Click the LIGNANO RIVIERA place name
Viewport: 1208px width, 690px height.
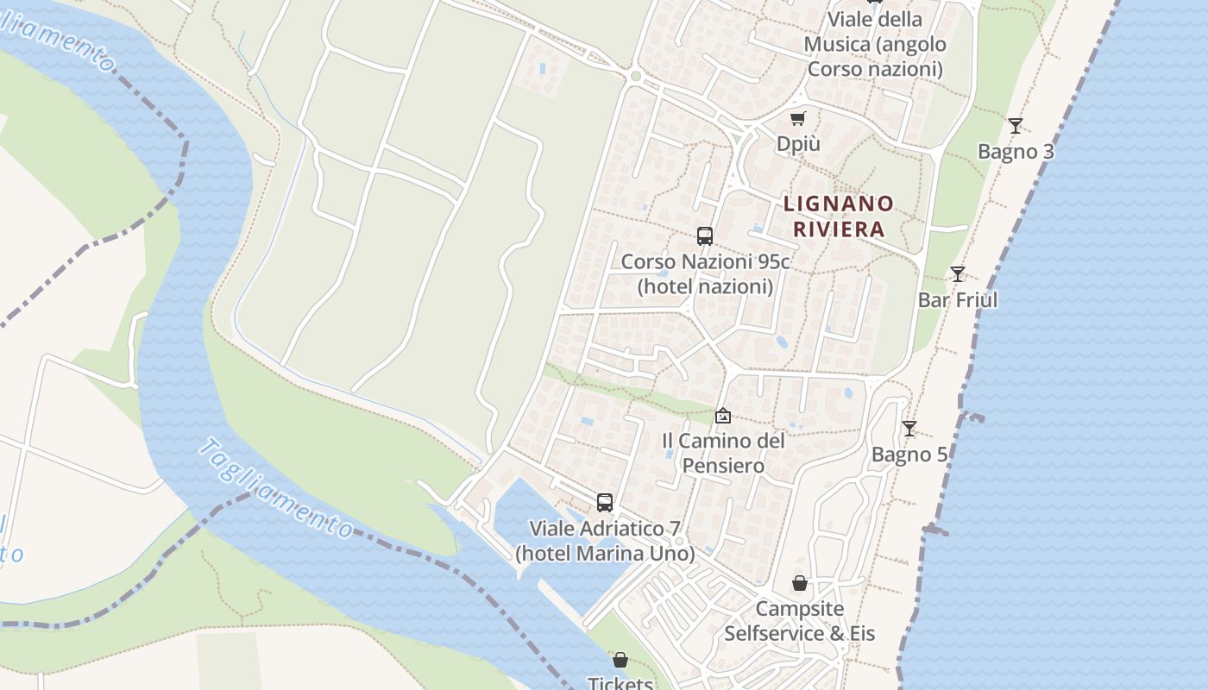(x=839, y=216)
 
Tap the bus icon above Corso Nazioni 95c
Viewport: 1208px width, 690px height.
(x=705, y=235)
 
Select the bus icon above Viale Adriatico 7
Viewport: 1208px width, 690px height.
(x=605, y=502)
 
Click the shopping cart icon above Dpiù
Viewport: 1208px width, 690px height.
(x=798, y=118)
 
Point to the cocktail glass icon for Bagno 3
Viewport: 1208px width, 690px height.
(x=1016, y=126)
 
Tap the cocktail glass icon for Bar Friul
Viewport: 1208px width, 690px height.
(x=958, y=274)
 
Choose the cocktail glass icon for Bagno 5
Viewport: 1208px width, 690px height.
(x=909, y=429)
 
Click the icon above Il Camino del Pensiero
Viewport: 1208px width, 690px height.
(x=723, y=416)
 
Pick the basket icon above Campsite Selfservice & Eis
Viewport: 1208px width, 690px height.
(x=800, y=583)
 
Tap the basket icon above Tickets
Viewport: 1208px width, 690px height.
(x=620, y=661)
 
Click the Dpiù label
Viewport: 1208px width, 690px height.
(x=798, y=144)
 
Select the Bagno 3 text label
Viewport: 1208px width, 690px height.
(x=1016, y=152)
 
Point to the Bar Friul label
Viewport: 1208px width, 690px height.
(x=958, y=300)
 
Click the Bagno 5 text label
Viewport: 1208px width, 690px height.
(x=909, y=455)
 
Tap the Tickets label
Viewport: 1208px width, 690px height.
(x=620, y=684)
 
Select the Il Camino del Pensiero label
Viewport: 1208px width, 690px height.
(x=723, y=454)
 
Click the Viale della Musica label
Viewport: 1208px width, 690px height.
(x=875, y=44)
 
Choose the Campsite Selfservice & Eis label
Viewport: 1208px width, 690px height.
(x=800, y=621)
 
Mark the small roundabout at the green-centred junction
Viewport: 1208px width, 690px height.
(x=636, y=76)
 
